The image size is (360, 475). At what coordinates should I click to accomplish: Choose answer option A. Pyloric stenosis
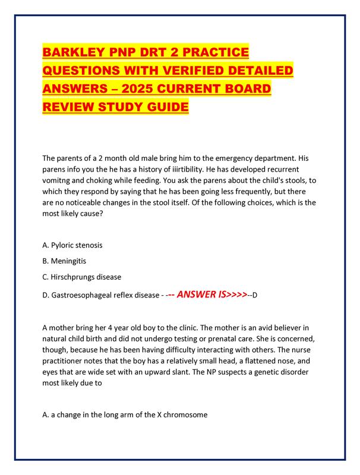tap(77, 245)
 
